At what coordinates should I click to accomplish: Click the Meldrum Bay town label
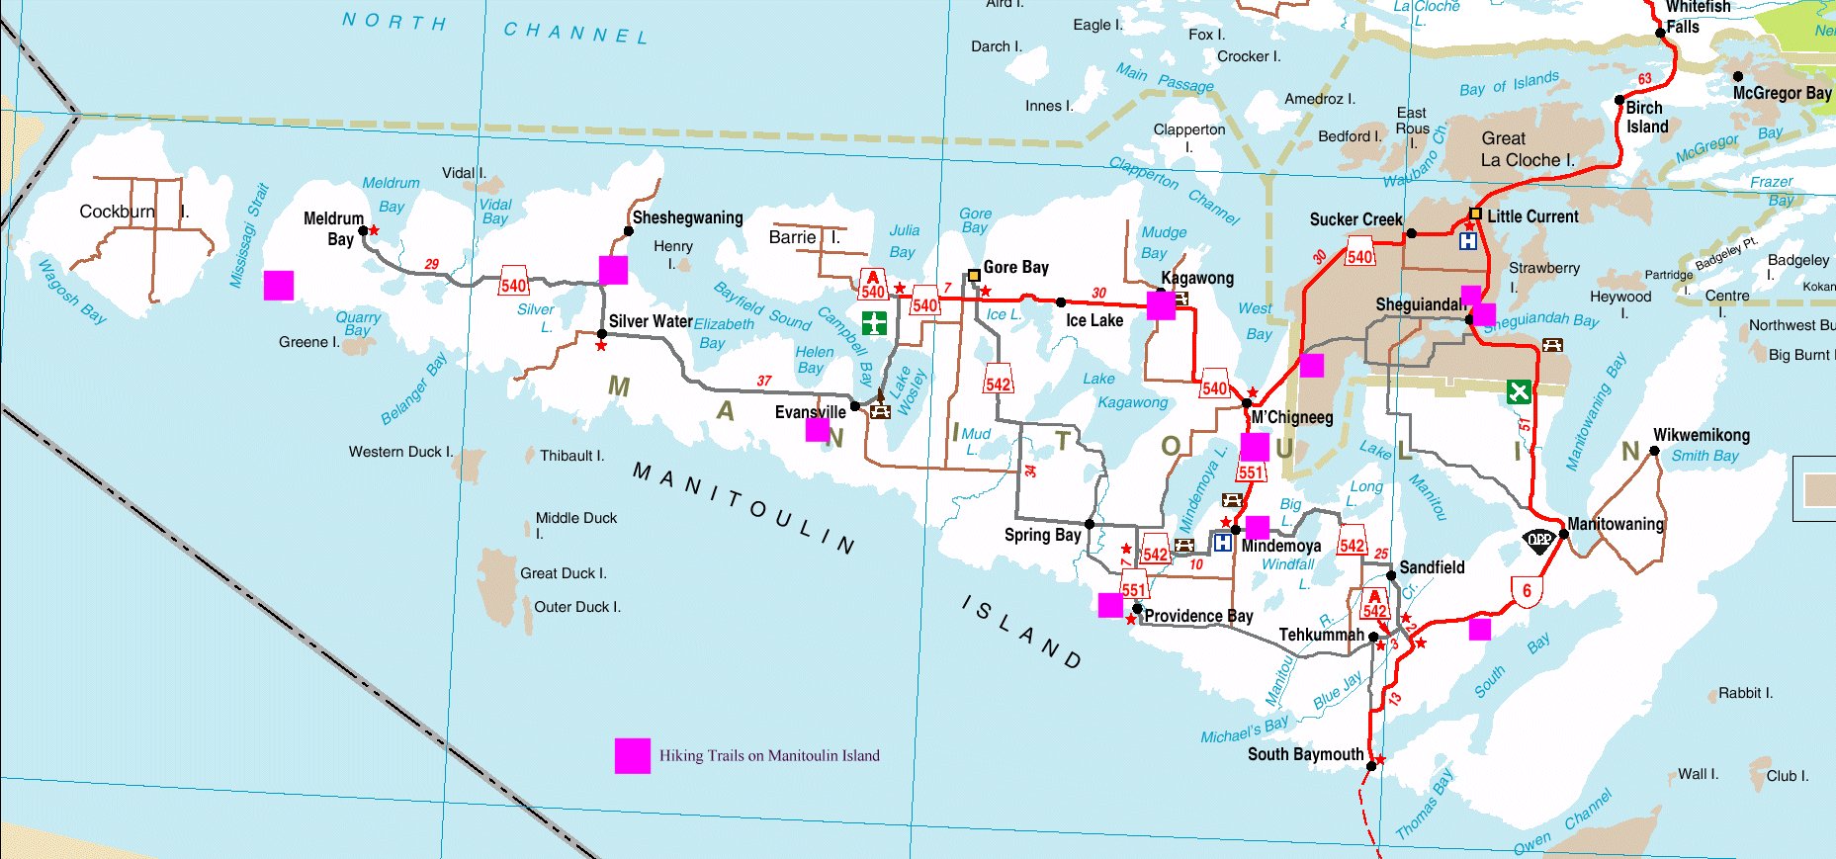coord(334,228)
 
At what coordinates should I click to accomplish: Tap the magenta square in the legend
coord(632,755)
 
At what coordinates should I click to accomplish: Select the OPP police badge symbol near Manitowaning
coord(1538,540)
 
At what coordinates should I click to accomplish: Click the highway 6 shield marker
coord(1527,591)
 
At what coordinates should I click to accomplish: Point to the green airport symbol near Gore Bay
coord(874,323)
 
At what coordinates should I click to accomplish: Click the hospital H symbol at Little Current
coord(1468,240)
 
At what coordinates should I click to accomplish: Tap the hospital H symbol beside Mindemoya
coord(1223,543)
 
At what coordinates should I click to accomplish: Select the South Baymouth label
coord(1305,754)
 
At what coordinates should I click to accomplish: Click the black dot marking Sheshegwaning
coord(628,231)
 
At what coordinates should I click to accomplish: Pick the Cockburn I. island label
coord(133,212)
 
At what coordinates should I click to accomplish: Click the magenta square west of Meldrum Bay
coord(279,286)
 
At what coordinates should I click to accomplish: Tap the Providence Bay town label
coord(1198,616)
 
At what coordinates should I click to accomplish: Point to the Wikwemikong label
coord(1701,435)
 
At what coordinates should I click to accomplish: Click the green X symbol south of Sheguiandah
coord(1519,391)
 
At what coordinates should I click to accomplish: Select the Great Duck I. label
coord(564,573)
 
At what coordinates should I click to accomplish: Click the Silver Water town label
coord(650,321)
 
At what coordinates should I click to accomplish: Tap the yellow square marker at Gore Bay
coord(974,276)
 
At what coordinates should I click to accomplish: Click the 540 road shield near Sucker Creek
coord(1360,256)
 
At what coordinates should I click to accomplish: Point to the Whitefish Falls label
coord(1698,16)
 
